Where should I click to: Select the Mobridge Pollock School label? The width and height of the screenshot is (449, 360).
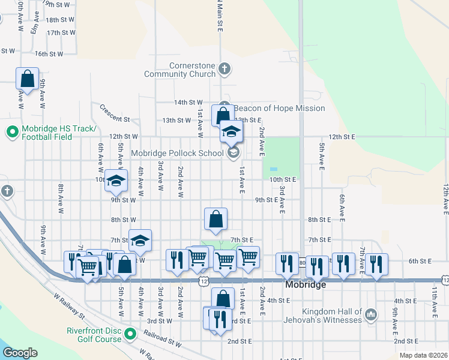[177, 153]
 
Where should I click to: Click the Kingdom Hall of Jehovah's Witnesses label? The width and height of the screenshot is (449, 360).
[324, 316]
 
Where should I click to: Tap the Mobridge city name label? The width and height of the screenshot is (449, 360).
[306, 285]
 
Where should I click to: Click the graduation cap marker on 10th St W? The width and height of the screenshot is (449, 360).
[116, 179]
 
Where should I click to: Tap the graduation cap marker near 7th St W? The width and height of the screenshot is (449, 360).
[140, 240]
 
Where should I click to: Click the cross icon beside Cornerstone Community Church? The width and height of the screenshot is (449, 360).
[224, 69]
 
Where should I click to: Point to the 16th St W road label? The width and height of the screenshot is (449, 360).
[49, 54]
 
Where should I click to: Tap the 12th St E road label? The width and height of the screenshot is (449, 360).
[342, 137]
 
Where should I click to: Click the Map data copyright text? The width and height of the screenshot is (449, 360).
[423, 355]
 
